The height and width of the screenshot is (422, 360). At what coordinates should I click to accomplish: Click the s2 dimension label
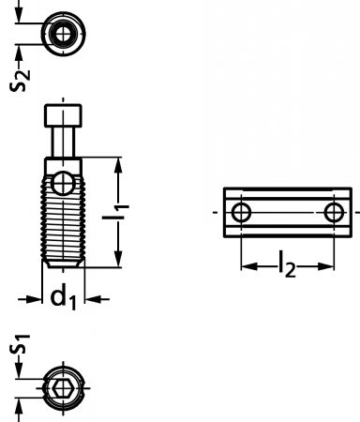pos(20,80)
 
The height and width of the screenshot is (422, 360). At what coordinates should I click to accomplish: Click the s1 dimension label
pos(20,344)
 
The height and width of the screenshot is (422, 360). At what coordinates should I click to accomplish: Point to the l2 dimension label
pos(288,264)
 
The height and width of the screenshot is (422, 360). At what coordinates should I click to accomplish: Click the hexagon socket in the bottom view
pos(64,388)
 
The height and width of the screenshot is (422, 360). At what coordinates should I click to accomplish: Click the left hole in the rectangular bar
pos(241,213)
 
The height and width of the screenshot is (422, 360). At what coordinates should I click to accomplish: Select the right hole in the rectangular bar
pos(334,213)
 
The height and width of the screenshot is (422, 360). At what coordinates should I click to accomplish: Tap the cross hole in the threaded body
pos(64,183)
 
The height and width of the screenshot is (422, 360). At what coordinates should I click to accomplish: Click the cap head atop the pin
pos(63,116)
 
